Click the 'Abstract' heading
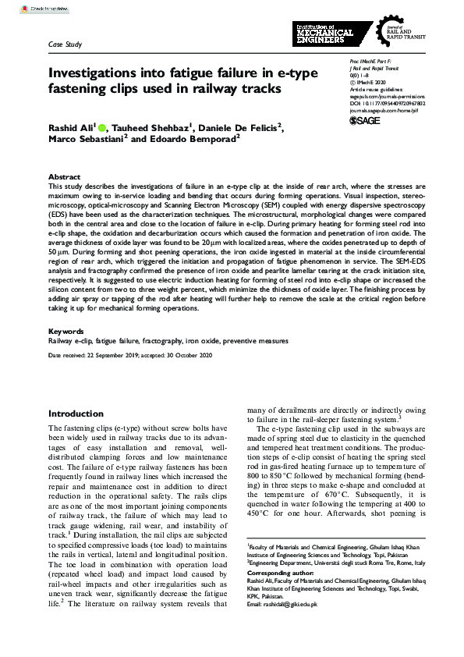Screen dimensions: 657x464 [x=64, y=178]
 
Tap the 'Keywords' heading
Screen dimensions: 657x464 [x=66, y=332]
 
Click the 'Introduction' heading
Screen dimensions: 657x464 [x=81, y=414]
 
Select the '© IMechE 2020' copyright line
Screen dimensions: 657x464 [x=364, y=81]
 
